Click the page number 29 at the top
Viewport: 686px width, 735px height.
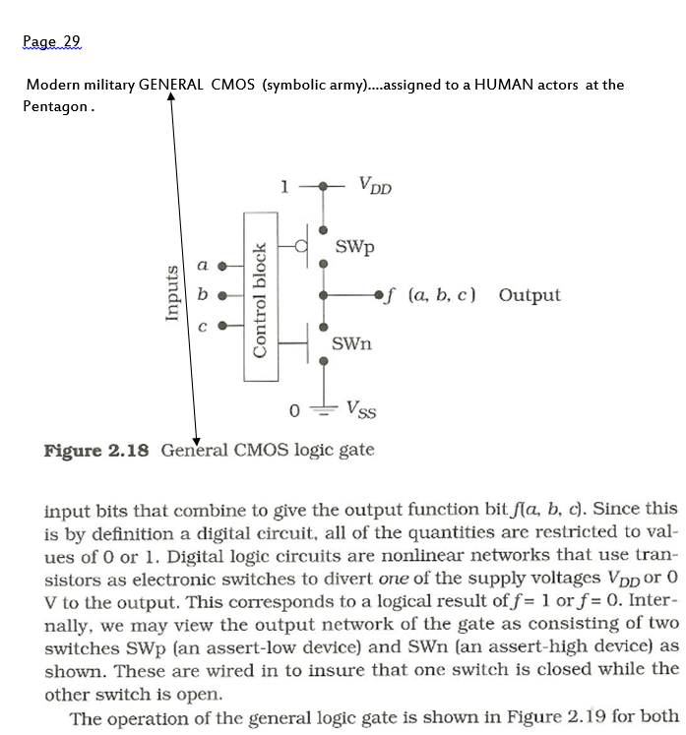[x=71, y=41]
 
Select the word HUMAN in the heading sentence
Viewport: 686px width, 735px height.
[x=503, y=85]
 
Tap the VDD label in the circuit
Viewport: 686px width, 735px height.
[x=375, y=185]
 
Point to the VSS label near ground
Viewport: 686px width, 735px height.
[x=361, y=408]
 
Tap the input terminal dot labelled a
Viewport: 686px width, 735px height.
[x=222, y=265]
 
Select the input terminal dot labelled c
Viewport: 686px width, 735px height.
[x=222, y=326]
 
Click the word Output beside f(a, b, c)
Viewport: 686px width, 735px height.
[x=530, y=295]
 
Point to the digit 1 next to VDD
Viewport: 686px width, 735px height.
[x=283, y=185]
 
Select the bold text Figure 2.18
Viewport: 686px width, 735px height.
[x=96, y=451]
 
